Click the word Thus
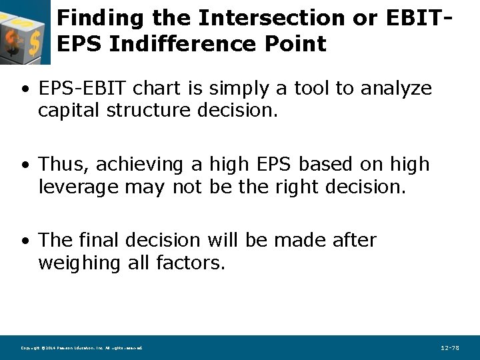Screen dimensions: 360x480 point(57,164)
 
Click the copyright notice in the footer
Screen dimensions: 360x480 point(81,348)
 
